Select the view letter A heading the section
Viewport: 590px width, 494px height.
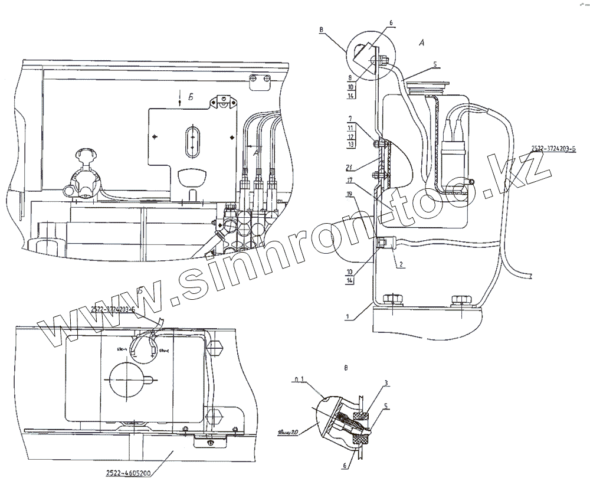(x=421, y=42)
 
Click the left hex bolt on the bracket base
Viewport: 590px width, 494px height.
(x=392, y=300)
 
